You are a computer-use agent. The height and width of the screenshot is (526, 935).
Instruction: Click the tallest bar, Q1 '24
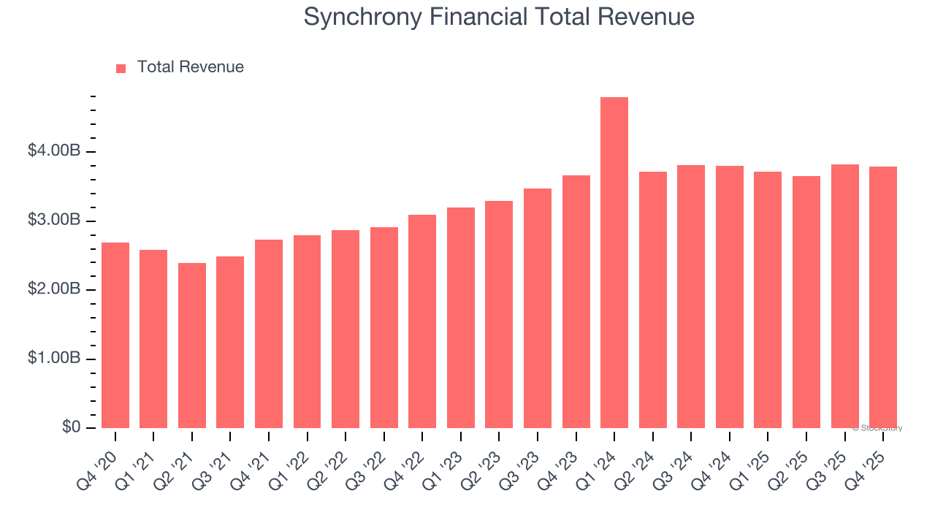tap(614, 263)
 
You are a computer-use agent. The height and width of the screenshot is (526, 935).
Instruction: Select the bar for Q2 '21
tap(192, 346)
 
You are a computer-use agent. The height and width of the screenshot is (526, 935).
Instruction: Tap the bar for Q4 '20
tap(115, 335)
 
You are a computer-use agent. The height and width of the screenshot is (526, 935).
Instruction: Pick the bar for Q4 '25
tap(882, 297)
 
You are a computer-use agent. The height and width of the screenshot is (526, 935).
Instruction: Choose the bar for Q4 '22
tap(422, 321)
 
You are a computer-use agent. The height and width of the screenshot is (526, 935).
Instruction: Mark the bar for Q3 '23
tap(537, 308)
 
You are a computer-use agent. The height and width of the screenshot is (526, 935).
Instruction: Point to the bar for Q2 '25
tap(806, 302)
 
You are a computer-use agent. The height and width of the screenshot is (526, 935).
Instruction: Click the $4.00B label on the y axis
tap(54, 151)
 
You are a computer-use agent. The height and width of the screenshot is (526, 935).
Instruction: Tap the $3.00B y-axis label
tap(54, 221)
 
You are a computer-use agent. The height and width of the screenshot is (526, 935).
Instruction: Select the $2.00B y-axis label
tap(54, 289)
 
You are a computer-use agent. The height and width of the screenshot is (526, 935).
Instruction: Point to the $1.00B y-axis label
tap(54, 359)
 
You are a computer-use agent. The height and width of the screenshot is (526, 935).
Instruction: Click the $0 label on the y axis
tap(71, 427)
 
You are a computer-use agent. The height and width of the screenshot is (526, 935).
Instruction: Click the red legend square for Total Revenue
tap(121, 68)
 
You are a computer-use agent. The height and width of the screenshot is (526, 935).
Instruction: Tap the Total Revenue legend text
tap(190, 67)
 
